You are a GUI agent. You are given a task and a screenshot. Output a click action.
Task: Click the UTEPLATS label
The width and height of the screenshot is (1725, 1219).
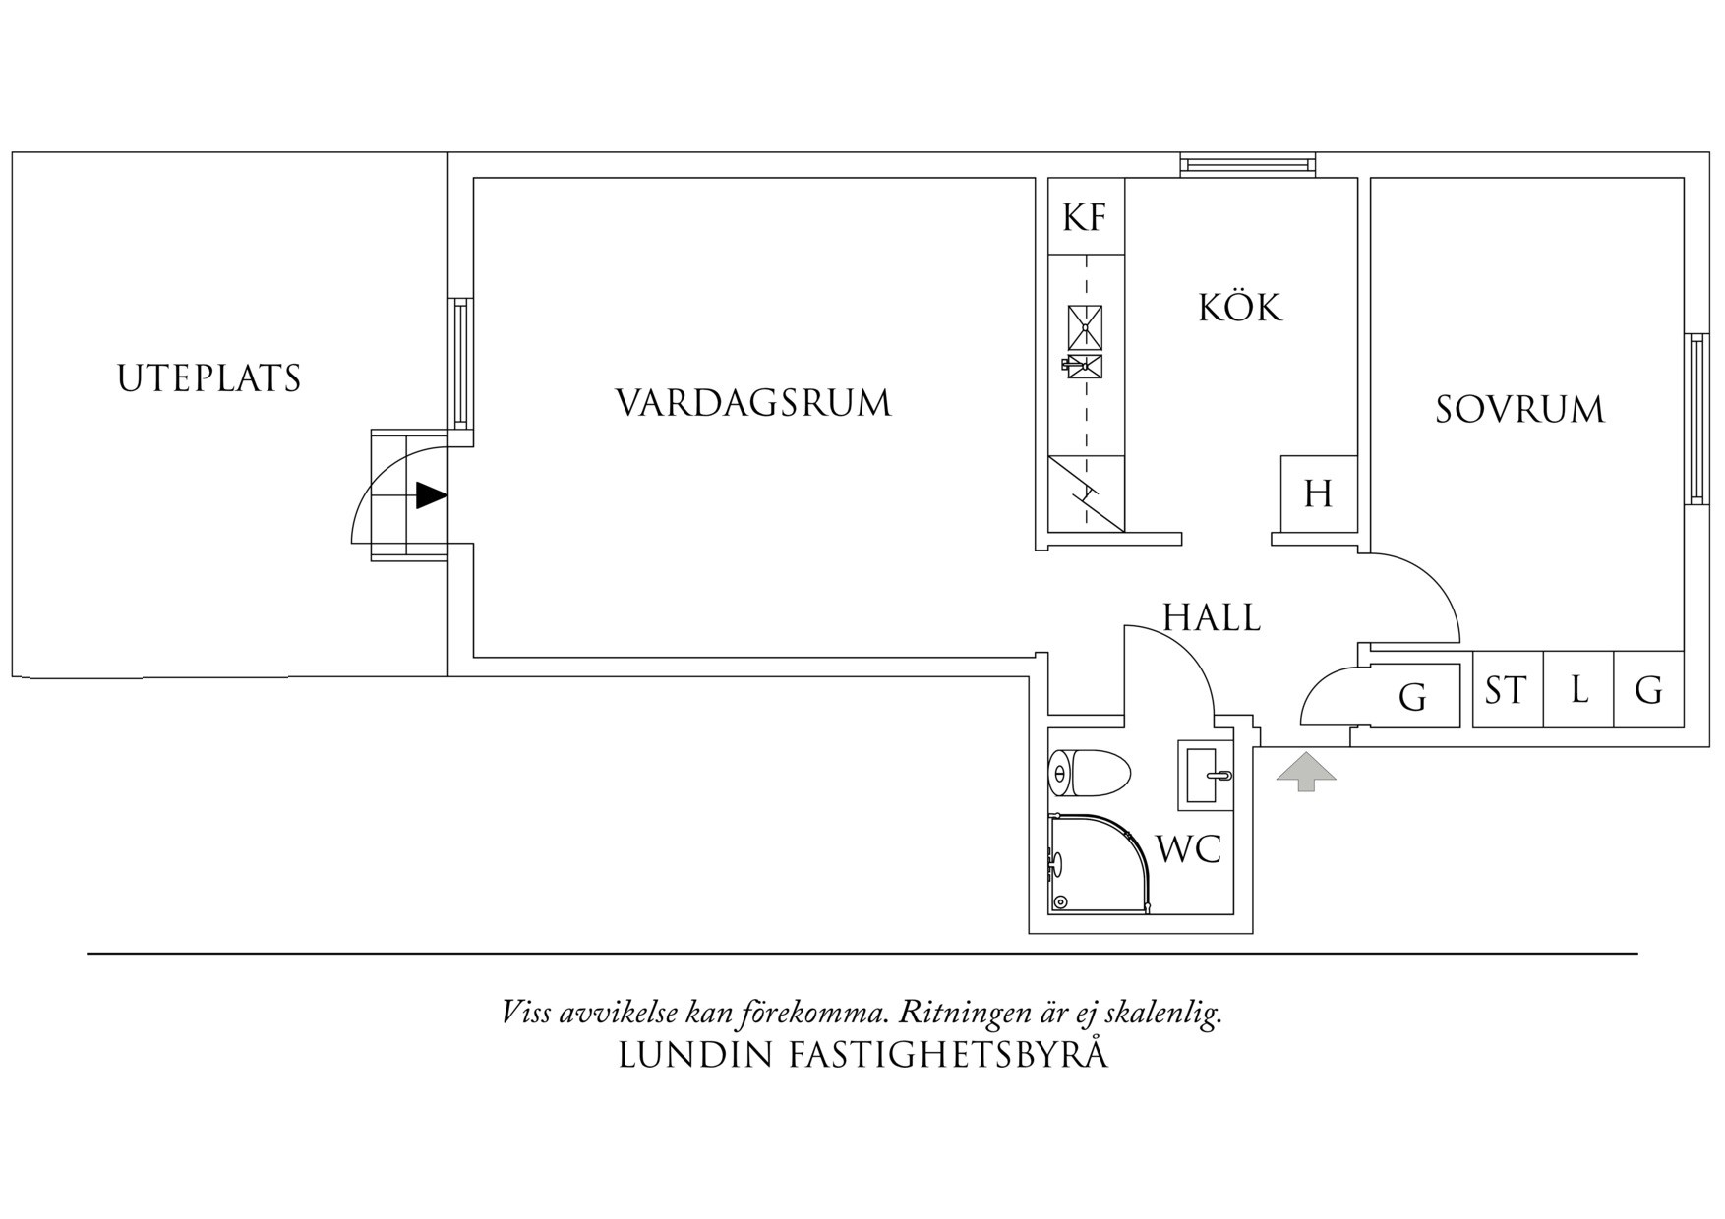208,378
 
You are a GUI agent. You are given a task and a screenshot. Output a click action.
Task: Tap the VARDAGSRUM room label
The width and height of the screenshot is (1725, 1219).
753,403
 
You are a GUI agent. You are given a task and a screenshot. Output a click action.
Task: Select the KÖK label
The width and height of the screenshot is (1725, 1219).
1240,308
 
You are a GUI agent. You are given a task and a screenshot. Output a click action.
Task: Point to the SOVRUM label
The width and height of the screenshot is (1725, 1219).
1519,409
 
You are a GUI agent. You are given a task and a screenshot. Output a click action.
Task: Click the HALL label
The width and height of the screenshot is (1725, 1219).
1212,618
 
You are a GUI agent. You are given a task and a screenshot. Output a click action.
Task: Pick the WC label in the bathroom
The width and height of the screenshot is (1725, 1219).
1188,848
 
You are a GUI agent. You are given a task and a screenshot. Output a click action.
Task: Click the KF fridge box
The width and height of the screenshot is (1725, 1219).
1085,216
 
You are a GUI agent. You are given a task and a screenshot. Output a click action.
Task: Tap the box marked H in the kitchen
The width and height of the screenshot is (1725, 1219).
1318,493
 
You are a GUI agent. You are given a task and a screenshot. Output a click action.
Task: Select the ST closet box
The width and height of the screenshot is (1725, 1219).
1507,690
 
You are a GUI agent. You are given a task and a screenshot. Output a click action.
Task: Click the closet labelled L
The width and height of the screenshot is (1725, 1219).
1579,690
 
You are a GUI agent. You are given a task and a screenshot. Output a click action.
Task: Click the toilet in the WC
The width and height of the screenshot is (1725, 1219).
1088,774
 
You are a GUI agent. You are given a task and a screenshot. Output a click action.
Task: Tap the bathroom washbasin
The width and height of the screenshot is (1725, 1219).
1206,776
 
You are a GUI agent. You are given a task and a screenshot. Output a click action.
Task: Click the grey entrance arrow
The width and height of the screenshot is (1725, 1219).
1306,772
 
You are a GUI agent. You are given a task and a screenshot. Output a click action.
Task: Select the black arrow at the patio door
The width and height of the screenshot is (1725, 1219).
430,495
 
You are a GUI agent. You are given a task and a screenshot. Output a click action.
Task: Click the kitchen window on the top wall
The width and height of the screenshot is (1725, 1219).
1246,164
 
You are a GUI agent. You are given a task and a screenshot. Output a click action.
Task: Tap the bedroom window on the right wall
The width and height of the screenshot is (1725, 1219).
1696,419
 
